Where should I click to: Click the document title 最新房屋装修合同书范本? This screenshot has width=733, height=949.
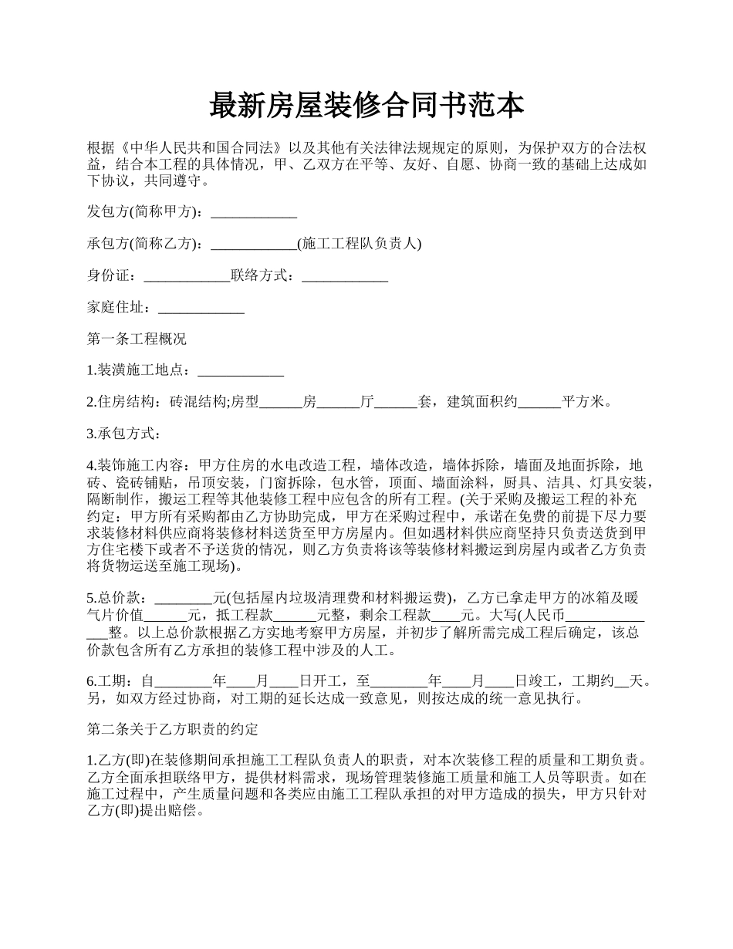click(366, 106)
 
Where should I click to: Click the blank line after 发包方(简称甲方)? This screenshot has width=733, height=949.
click(254, 212)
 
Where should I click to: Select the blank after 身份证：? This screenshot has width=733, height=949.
click(187, 275)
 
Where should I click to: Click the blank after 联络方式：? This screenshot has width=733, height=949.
click(344, 275)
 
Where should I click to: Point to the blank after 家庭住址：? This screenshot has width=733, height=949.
click(201, 307)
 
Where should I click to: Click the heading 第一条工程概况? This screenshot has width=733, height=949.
click(137, 339)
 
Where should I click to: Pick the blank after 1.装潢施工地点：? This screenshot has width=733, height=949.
click(241, 370)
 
